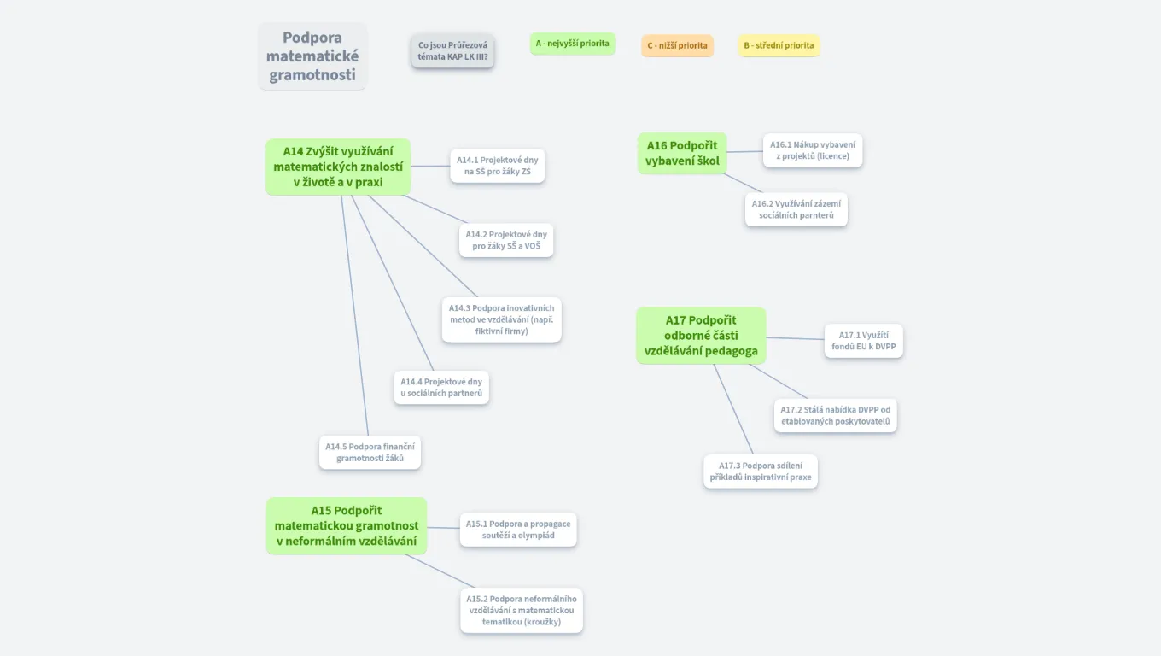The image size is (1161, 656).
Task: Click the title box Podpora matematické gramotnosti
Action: click(x=312, y=56)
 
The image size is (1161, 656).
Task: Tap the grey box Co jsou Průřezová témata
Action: click(x=452, y=50)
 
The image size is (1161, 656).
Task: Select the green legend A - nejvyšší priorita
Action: click(x=572, y=44)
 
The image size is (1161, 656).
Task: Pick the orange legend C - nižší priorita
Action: click(x=677, y=45)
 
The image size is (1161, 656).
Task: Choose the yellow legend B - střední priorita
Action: click(x=779, y=45)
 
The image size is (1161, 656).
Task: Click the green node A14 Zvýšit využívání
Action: click(x=338, y=167)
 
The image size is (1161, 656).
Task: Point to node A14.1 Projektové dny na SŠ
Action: click(x=497, y=166)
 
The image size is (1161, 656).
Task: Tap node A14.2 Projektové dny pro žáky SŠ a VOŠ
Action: click(x=506, y=240)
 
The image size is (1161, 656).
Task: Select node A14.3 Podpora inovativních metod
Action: click(x=501, y=319)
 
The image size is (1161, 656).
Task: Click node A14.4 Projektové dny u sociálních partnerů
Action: click(x=441, y=388)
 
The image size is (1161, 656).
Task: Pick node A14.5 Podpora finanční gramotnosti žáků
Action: click(x=370, y=452)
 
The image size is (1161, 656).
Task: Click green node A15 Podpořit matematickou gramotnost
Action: click(x=346, y=525)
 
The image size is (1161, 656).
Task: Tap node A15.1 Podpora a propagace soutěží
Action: click(x=518, y=530)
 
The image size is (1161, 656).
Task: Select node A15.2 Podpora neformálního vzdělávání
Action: click(x=521, y=610)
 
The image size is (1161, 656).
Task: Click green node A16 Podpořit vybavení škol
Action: click(x=682, y=153)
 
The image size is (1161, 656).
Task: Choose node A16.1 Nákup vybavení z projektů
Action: click(x=812, y=150)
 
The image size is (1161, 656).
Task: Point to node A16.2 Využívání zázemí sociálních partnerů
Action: click(x=796, y=209)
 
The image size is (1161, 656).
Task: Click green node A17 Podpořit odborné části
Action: click(x=701, y=336)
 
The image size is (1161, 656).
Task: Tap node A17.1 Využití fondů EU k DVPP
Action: click(x=863, y=341)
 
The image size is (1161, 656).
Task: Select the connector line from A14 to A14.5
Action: click(x=354, y=316)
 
